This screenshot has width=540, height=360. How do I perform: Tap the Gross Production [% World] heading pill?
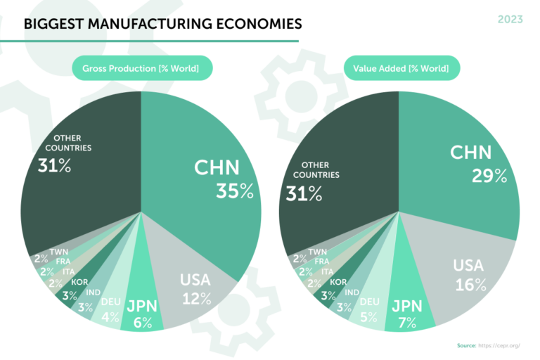141,68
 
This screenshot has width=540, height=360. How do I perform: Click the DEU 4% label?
110,309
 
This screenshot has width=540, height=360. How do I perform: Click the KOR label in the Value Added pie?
340,281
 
